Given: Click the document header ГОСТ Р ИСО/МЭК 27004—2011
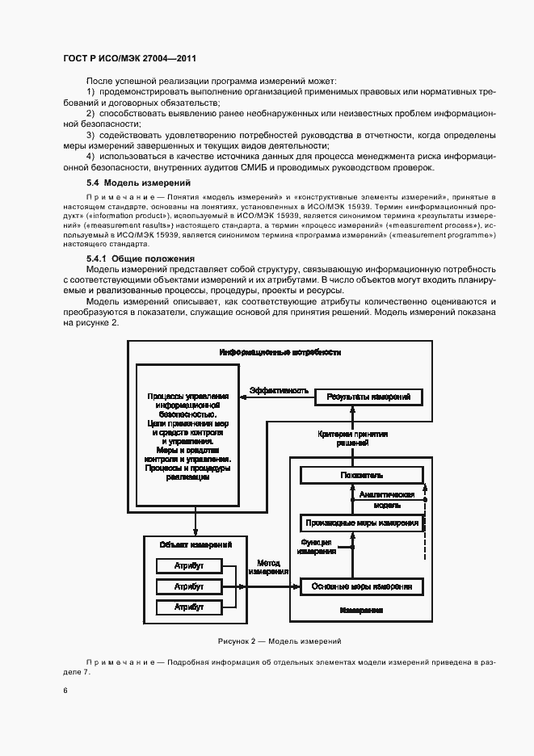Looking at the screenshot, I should coord(129,59).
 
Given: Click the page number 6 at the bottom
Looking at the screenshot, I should coord(66,691).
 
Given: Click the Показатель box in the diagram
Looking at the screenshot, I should coord(361,475).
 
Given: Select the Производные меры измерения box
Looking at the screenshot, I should coord(361,523).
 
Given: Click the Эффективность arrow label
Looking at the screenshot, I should coord(279,390).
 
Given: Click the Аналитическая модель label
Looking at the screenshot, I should coord(387,499).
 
